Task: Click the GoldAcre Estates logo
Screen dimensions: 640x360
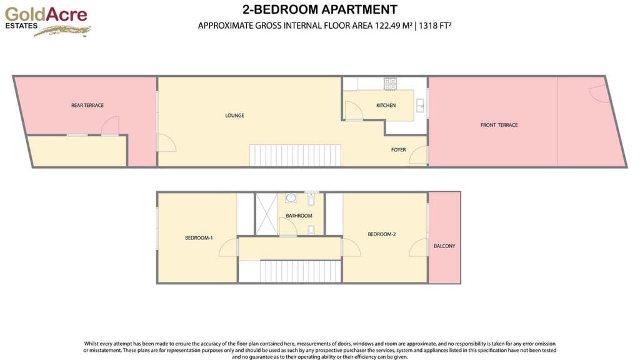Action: tap(47, 21)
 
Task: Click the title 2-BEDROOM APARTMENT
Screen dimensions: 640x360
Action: tap(319, 9)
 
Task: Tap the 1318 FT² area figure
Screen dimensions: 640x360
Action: tap(435, 26)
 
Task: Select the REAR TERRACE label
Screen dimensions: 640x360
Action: tap(87, 105)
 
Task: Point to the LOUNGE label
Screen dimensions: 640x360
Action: tap(235, 116)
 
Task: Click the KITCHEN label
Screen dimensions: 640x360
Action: tap(386, 105)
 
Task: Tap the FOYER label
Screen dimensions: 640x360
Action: tap(398, 150)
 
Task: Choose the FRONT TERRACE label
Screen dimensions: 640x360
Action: tap(499, 125)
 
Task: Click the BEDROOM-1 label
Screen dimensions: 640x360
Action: tap(199, 238)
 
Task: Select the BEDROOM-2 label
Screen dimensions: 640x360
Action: tap(382, 234)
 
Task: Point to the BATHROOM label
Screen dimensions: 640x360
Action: tap(299, 216)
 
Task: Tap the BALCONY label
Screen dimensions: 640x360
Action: tap(444, 246)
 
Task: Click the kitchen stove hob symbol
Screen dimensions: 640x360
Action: tap(390, 84)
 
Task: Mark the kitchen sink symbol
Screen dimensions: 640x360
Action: tap(420, 106)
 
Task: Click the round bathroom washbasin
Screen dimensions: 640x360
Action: tap(291, 198)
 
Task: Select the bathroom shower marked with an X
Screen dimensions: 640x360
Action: tap(266, 214)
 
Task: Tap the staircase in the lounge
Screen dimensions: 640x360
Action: tap(295, 155)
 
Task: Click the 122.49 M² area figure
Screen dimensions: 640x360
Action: tap(394, 26)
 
